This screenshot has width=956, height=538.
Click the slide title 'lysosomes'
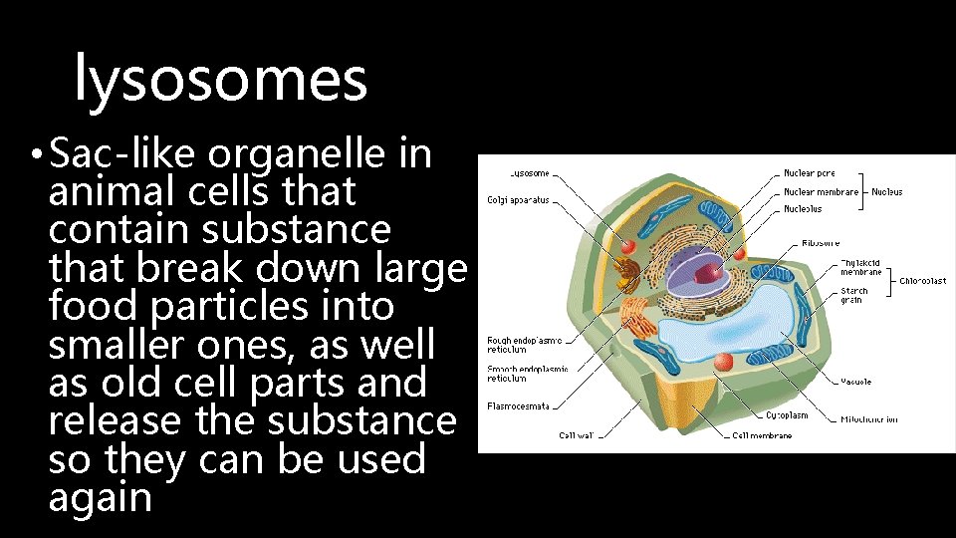221,80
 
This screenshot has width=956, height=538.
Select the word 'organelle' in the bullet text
301,154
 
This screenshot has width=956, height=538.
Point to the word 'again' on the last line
100,497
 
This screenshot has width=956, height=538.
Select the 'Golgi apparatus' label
517,199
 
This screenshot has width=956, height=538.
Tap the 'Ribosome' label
821,242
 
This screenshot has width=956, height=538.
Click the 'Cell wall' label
577,435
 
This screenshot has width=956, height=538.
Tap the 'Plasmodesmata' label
517,405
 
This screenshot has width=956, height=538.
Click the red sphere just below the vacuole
724,362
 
